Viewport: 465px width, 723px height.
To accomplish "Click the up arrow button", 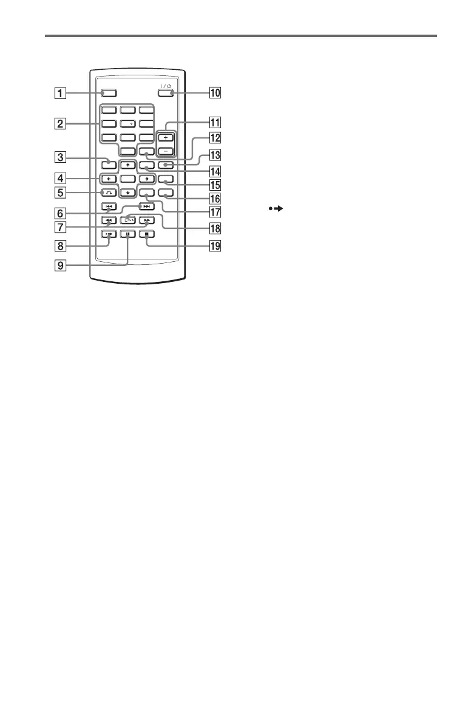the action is point(127,165).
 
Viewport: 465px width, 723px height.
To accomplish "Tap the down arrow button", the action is point(127,193).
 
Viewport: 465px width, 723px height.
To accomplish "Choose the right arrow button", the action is point(146,179).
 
